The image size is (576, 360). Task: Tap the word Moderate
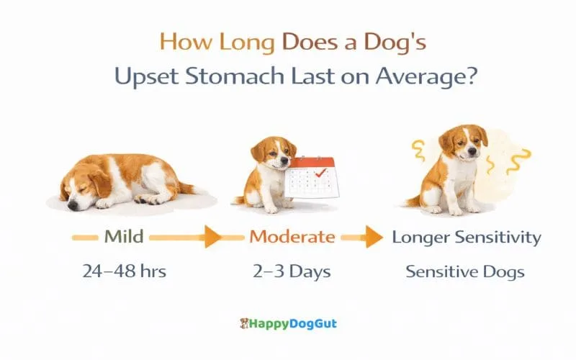pos(292,237)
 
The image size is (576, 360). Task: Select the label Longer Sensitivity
pos(466,237)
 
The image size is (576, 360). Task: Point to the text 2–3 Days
pos(291,272)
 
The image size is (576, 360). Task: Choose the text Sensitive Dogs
pos(465,272)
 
